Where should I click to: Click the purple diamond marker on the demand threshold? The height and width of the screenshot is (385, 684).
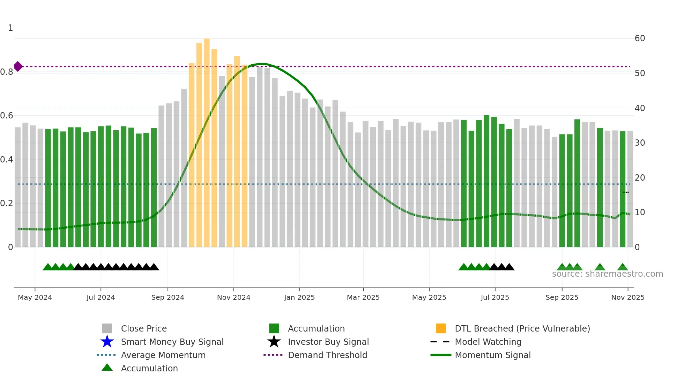coord(18,66)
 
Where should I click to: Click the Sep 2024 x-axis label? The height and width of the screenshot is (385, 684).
coord(168,297)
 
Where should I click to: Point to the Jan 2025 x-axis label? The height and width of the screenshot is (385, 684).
coord(299,297)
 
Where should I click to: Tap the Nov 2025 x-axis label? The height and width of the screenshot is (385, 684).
coord(627,297)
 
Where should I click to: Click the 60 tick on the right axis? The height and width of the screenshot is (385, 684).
coord(640,38)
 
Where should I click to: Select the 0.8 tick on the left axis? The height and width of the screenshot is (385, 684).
coord(7,72)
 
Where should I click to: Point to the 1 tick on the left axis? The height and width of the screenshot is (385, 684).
coord(10,28)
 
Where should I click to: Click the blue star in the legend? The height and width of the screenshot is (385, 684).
coord(107,342)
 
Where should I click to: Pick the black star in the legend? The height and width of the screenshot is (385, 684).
coord(274,342)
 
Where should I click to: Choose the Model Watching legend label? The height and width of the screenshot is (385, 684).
coord(488,342)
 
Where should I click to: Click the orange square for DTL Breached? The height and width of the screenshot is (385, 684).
coord(441,328)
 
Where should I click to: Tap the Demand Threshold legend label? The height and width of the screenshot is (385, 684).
coord(327,355)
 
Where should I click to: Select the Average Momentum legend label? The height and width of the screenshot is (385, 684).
coord(163,355)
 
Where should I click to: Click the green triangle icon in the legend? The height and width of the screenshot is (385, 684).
coord(107,368)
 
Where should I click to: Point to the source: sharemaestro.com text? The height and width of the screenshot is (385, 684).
coord(607,274)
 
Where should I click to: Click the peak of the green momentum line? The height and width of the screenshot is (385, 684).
coord(260,64)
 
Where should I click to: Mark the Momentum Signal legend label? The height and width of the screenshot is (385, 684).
coord(492,355)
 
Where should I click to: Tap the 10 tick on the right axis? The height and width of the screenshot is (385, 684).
coord(640,212)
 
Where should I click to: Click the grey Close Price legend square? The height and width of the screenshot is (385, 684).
coord(107,328)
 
